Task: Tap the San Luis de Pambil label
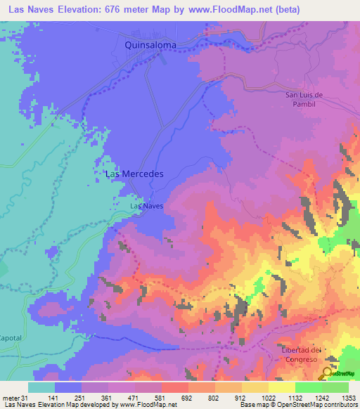pos(303,99)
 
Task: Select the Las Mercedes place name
pos(134,174)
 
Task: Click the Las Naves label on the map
pos(147,207)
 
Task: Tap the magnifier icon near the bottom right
pos(327,373)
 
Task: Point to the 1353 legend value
pos(347,397)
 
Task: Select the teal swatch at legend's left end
pos(41,387)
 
